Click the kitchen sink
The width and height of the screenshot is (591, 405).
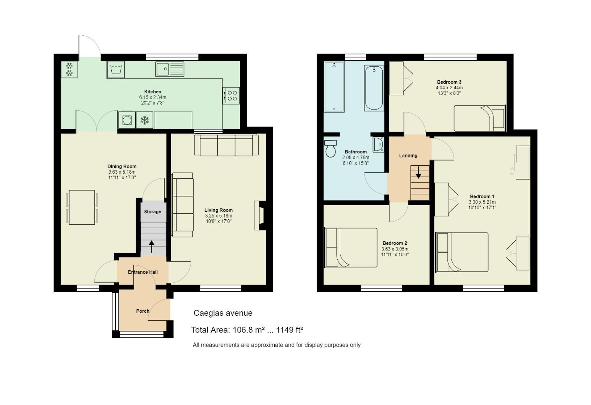point(170,69)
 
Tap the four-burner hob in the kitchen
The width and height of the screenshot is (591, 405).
point(231,96)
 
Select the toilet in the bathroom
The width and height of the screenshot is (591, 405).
point(331,148)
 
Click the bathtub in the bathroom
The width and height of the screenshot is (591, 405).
point(374,88)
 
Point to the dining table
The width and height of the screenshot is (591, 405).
point(82,207)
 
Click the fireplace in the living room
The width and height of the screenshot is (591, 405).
point(260,216)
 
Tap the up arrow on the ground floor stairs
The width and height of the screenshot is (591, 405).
point(151,247)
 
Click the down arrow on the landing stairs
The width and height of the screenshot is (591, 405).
point(419,172)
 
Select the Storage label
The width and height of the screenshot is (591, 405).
point(153,212)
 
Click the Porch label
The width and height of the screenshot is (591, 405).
point(143,311)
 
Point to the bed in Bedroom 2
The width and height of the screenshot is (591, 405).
point(351,247)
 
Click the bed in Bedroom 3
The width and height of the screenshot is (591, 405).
point(479,118)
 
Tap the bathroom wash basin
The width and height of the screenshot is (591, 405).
point(379,144)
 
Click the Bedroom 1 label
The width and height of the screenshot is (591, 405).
point(482,196)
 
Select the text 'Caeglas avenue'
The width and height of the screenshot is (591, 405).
point(223,313)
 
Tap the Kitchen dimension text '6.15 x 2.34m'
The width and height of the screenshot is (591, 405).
point(153,97)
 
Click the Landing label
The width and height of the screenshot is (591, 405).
point(408,156)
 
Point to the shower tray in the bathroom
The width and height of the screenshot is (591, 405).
point(334,87)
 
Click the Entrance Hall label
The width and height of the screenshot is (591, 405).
point(143,272)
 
